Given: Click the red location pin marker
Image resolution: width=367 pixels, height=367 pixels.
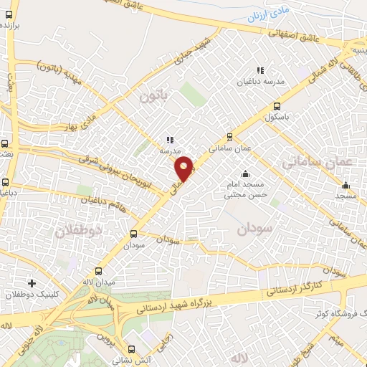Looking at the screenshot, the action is point(184,168).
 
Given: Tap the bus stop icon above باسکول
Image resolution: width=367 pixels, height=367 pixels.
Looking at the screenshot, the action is point(276,108).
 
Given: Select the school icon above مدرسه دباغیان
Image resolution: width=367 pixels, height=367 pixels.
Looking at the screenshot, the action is point(260,70).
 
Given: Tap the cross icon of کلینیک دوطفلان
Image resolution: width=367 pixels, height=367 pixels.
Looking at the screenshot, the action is point(30,283).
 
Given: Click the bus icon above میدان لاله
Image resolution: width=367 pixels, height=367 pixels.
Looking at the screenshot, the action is point(98,272).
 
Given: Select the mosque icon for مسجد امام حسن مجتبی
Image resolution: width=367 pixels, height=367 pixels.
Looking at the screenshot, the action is point(245,173).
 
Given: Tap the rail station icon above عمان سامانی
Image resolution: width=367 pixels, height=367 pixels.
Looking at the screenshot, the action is point(229,136).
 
